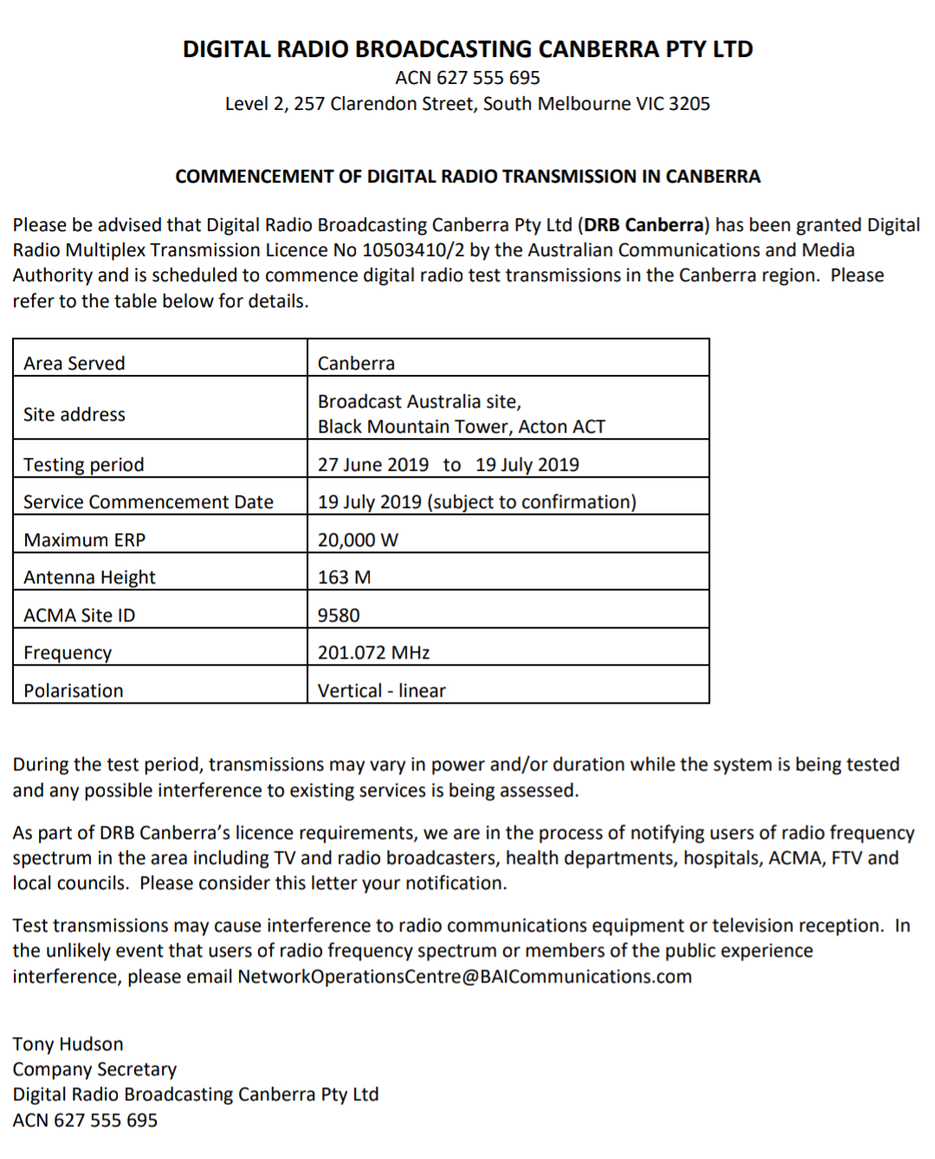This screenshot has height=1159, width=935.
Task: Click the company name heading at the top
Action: [467, 49]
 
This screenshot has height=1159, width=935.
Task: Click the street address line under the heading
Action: [467, 104]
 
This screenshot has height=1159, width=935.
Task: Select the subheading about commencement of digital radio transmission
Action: [467, 177]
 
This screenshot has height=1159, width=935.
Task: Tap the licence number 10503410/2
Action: [413, 250]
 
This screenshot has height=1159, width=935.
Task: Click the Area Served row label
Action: [74, 364]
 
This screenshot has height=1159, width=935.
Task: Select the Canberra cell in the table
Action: [356, 364]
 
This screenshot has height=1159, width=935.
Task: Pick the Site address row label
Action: [74, 415]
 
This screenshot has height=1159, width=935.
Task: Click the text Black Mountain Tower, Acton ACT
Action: [461, 427]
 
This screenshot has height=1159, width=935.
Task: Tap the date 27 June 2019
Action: [373, 465]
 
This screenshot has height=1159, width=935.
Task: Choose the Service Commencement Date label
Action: [148, 502]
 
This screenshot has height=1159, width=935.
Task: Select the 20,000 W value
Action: [358, 540]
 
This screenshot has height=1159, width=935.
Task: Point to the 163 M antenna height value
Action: [344, 577]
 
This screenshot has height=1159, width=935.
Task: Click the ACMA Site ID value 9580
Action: [339, 615]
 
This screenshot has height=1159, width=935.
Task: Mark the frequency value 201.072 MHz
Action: [373, 653]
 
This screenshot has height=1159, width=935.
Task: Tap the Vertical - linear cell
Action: [382, 691]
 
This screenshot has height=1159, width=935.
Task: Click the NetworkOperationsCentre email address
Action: [465, 976]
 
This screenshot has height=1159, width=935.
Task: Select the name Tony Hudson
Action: [68, 1044]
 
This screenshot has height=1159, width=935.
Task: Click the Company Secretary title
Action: [94, 1069]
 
